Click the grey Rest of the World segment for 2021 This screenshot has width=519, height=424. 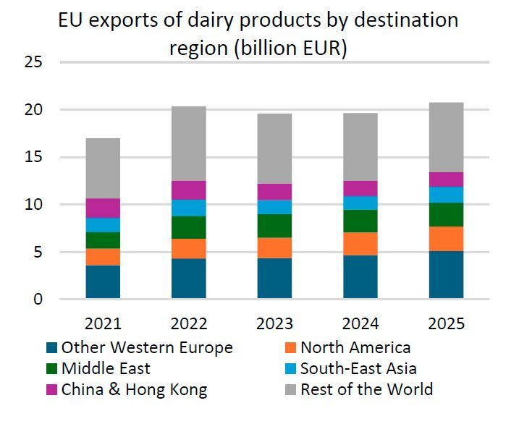[103, 168]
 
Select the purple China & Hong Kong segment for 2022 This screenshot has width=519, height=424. [189, 190]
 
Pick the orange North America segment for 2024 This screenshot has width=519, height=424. [360, 244]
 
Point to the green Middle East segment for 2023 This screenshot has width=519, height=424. [274, 226]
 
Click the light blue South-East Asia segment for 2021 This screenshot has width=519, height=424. [103, 225]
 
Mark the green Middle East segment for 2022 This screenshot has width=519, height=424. [189, 227]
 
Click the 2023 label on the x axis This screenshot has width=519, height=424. [274, 323]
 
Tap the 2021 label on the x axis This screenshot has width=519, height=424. [103, 323]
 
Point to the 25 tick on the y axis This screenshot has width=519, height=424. [34, 63]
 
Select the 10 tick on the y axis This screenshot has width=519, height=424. [34, 205]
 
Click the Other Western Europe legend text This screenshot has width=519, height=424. [147, 347]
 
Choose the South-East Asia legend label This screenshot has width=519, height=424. [358, 368]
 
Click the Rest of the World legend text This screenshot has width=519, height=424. [366, 389]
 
